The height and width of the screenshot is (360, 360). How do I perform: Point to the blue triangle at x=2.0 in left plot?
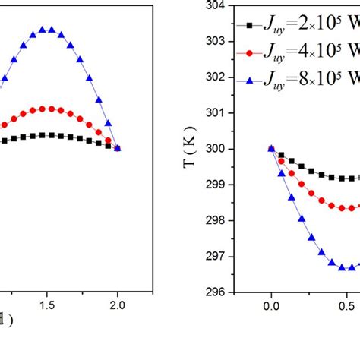point(118,149)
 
